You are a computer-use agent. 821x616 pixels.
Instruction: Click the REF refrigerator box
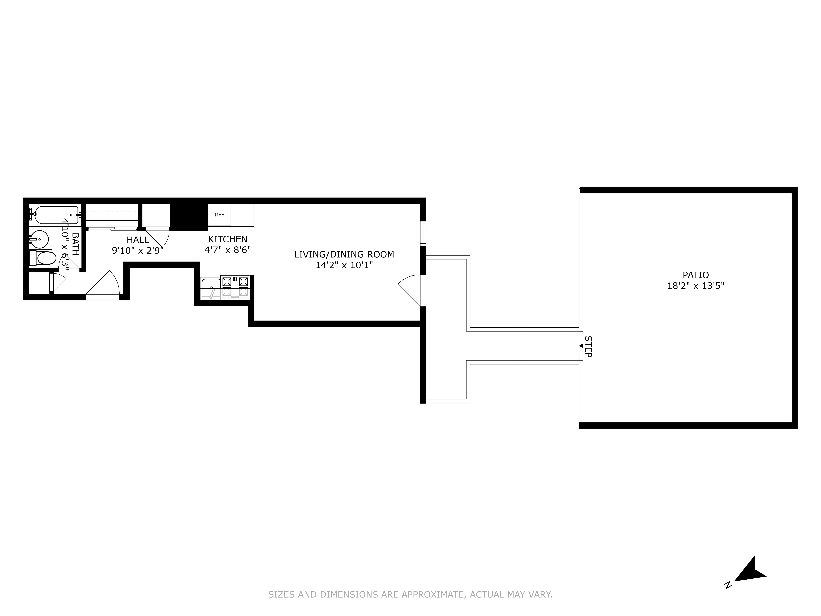click(x=219, y=215)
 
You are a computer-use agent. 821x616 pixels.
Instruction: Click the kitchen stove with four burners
click(x=235, y=287)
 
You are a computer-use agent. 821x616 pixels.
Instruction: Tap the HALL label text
click(x=138, y=240)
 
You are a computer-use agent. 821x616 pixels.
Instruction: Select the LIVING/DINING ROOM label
click(x=344, y=254)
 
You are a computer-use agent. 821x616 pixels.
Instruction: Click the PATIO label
click(x=696, y=275)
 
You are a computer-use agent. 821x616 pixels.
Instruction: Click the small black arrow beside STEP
click(x=581, y=346)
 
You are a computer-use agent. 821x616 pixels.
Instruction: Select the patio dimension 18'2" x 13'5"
click(x=696, y=286)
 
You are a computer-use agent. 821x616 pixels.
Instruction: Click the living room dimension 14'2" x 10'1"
click(x=344, y=265)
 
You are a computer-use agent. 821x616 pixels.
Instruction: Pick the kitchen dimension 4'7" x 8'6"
click(x=228, y=250)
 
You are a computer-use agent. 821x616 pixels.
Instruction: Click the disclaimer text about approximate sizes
click(x=410, y=595)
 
